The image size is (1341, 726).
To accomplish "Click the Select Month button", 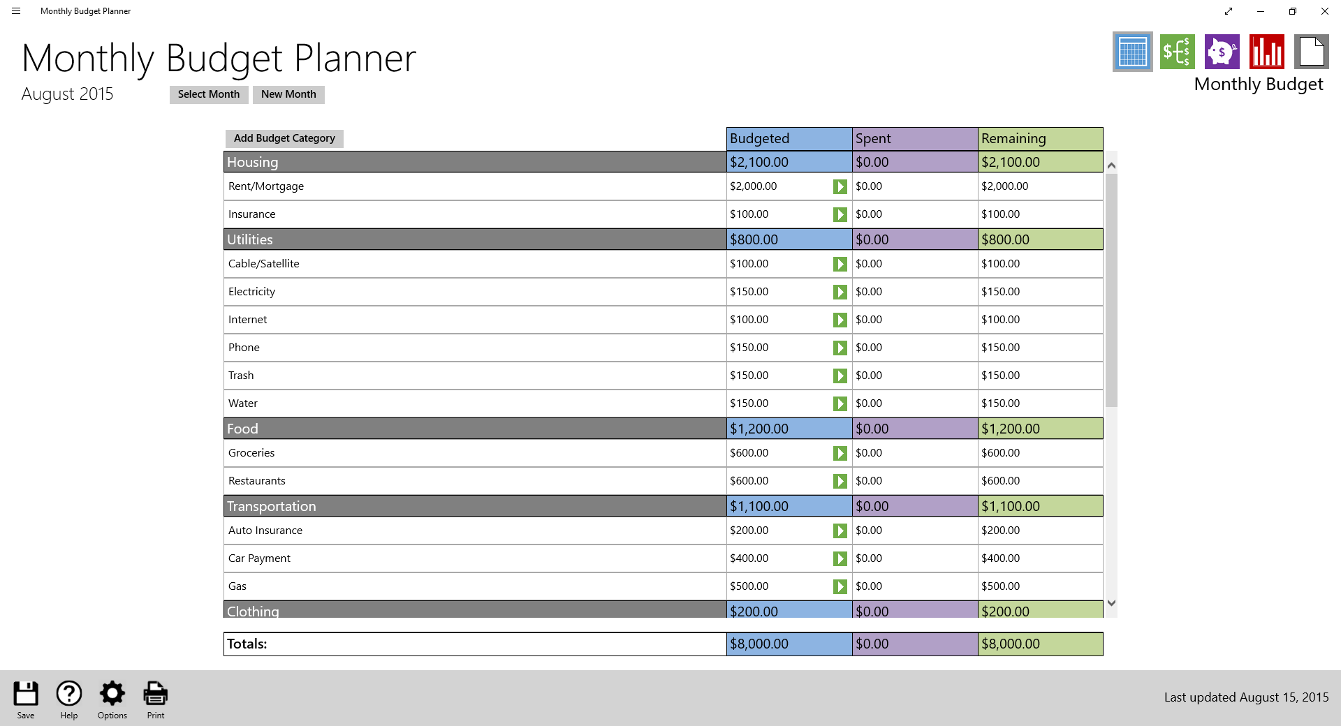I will pyautogui.click(x=208, y=94).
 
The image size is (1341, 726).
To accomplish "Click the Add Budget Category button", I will pyautogui.click(x=284, y=138).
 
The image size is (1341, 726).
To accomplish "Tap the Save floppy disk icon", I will pyautogui.click(x=26, y=694).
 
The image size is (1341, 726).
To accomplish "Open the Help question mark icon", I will pyautogui.click(x=69, y=694).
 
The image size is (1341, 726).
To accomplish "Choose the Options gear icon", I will pyautogui.click(x=112, y=694).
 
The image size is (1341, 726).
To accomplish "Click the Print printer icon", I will pyautogui.click(x=155, y=694).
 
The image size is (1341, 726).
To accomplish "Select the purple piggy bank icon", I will pyautogui.click(x=1222, y=52).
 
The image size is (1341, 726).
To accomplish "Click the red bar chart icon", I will pyautogui.click(x=1266, y=52).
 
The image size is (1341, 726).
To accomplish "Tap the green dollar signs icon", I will pyautogui.click(x=1177, y=52).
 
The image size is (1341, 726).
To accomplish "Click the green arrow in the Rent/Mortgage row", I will pyautogui.click(x=840, y=187).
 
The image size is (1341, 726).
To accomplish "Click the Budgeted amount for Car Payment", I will pyautogui.click(x=749, y=558).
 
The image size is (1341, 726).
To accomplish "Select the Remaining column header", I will pyautogui.click(x=1040, y=138).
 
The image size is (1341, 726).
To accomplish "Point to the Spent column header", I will pyautogui.click(x=914, y=138).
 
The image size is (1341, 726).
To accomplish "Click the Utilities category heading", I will pyautogui.click(x=250, y=239).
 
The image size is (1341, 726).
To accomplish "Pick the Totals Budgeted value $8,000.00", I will pyautogui.click(x=759, y=644).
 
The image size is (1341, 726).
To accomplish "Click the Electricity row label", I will pyautogui.click(x=251, y=292).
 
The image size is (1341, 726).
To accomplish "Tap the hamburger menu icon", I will pyautogui.click(x=16, y=11).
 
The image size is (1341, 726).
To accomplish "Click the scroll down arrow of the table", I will pyautogui.click(x=1111, y=603).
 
